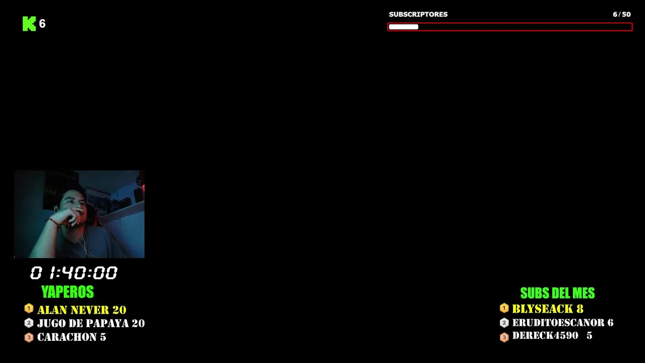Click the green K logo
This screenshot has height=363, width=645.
[x=29, y=24]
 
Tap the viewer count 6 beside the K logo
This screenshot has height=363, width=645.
[x=42, y=24]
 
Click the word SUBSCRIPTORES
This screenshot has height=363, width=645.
[x=418, y=15]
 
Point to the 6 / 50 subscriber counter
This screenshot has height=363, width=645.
[x=622, y=15]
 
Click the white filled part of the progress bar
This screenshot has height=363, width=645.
[x=404, y=27]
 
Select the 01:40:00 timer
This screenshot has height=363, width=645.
[x=74, y=273]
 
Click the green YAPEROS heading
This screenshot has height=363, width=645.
[x=68, y=292]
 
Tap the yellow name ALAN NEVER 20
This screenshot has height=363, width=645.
[x=82, y=310]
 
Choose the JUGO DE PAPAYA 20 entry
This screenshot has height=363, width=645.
[x=91, y=323]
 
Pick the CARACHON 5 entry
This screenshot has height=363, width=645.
[x=72, y=337]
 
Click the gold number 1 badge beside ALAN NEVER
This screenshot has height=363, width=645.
[x=29, y=309]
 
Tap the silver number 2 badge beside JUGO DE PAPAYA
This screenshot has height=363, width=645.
[x=29, y=323]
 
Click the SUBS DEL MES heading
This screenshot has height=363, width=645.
[x=557, y=293]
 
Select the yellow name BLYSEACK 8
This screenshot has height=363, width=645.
[x=548, y=309]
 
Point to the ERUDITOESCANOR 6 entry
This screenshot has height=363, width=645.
[x=563, y=323]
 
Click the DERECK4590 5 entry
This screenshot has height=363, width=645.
[x=552, y=336]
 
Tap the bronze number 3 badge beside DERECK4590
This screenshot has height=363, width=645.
[x=504, y=337]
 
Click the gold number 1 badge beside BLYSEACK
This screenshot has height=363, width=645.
[x=504, y=308]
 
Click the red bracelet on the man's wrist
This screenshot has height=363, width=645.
[x=53, y=222]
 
